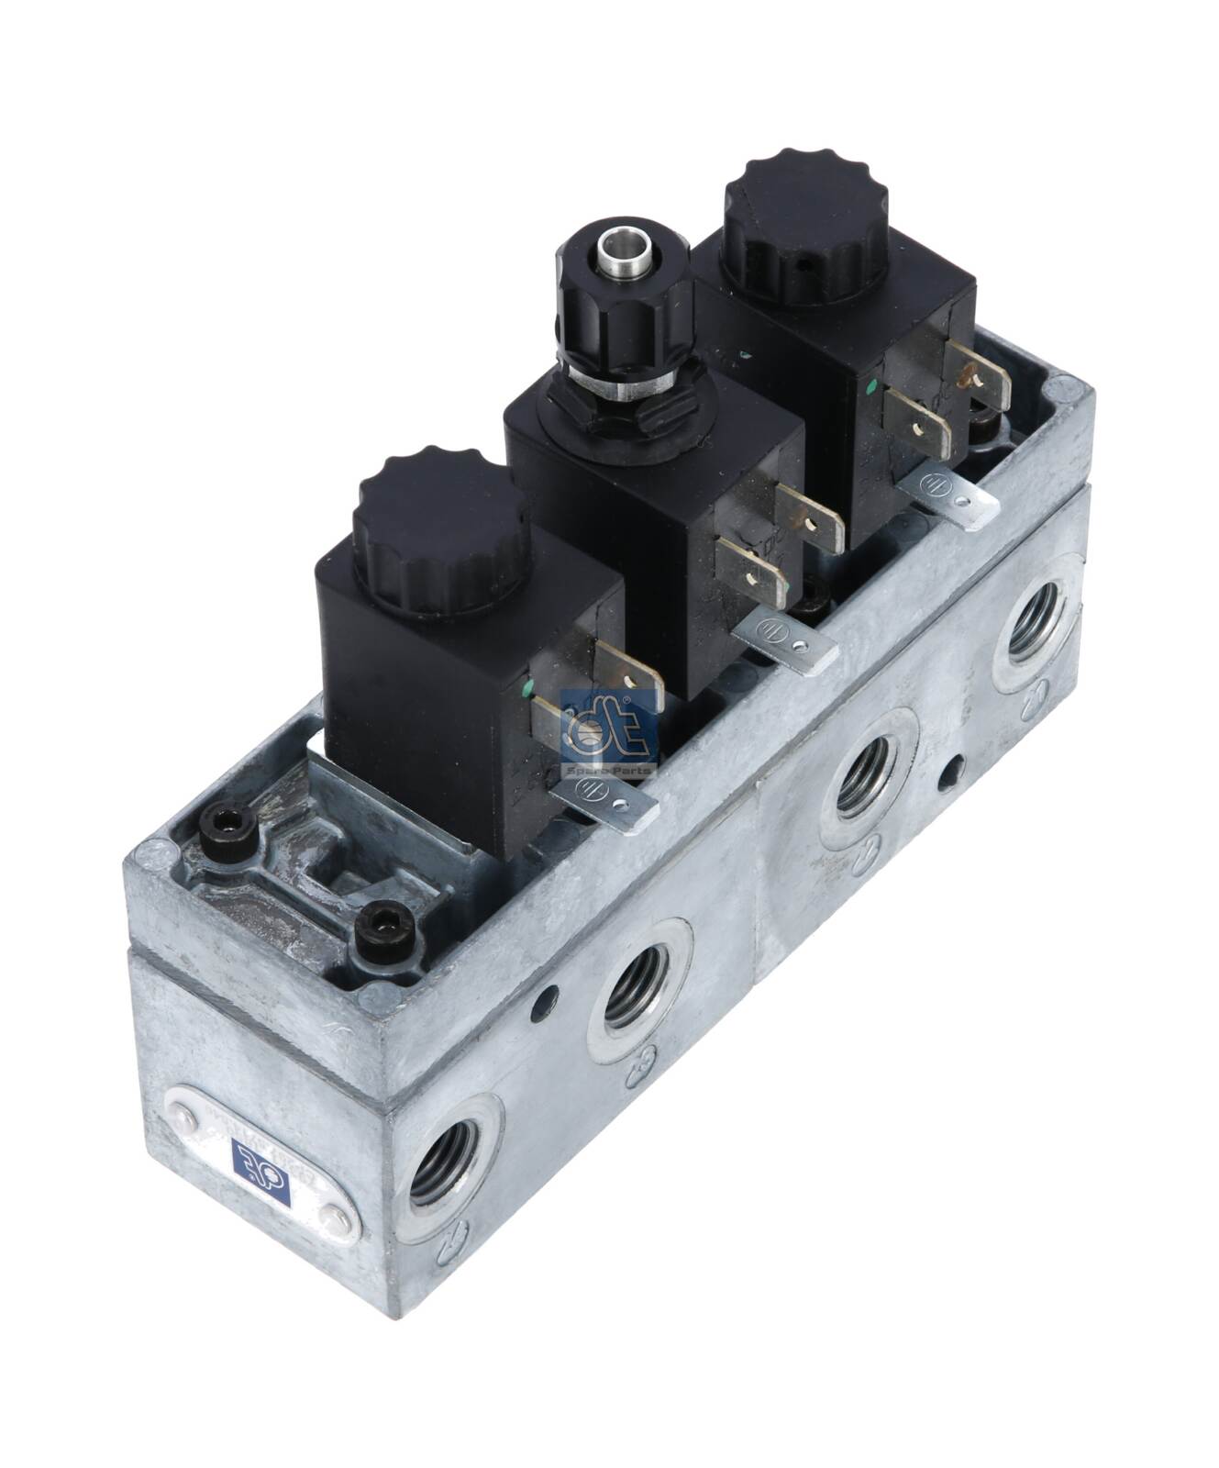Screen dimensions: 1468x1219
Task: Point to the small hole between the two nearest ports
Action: coord(548,1000)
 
